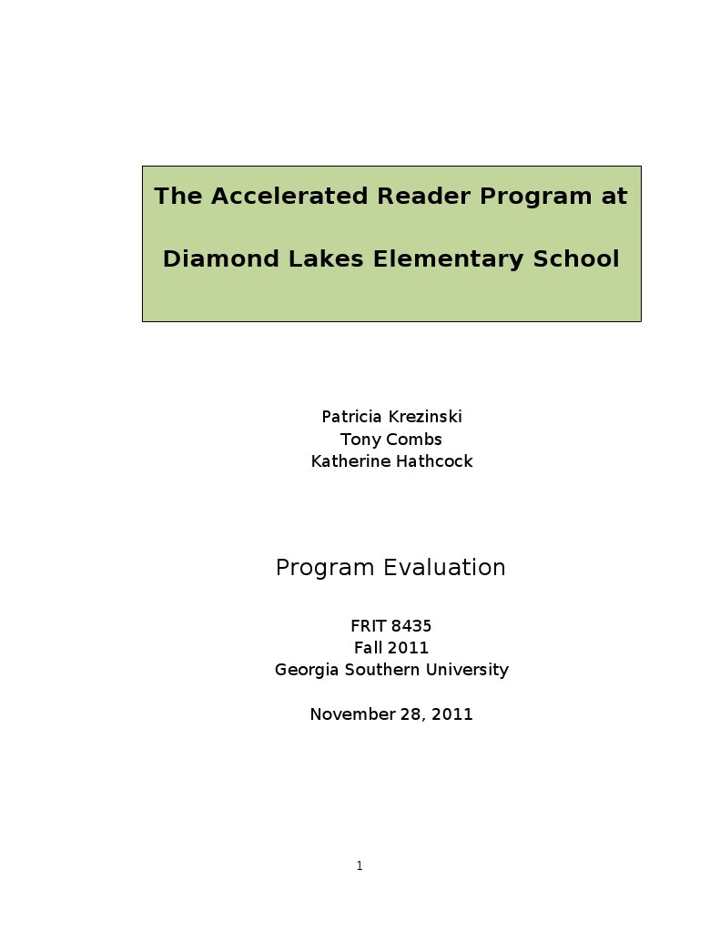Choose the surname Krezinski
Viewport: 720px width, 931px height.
coord(425,417)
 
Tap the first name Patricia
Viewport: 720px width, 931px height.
coord(352,417)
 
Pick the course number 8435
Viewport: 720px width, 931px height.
coord(411,626)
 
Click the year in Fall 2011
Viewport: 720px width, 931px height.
coord(408,648)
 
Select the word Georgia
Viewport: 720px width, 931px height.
coord(307,670)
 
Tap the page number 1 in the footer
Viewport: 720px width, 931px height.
coord(360,866)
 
